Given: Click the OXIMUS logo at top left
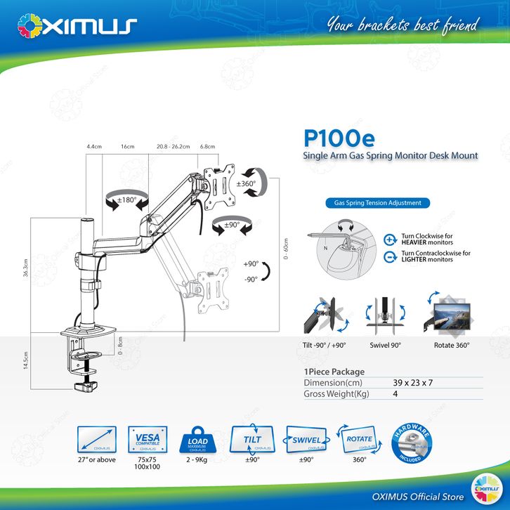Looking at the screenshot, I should [77, 26].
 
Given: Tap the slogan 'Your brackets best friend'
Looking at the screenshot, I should [402, 25].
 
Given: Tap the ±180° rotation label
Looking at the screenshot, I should [126, 200].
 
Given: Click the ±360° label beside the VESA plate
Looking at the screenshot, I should [247, 184].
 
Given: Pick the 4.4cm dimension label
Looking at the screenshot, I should [94, 148].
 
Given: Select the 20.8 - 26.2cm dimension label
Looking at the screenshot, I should [174, 148].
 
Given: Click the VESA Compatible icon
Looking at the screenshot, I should [147, 439].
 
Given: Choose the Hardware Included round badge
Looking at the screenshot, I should [409, 439].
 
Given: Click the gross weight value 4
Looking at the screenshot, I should [396, 395].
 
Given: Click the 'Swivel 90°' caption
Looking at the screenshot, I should [386, 346].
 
